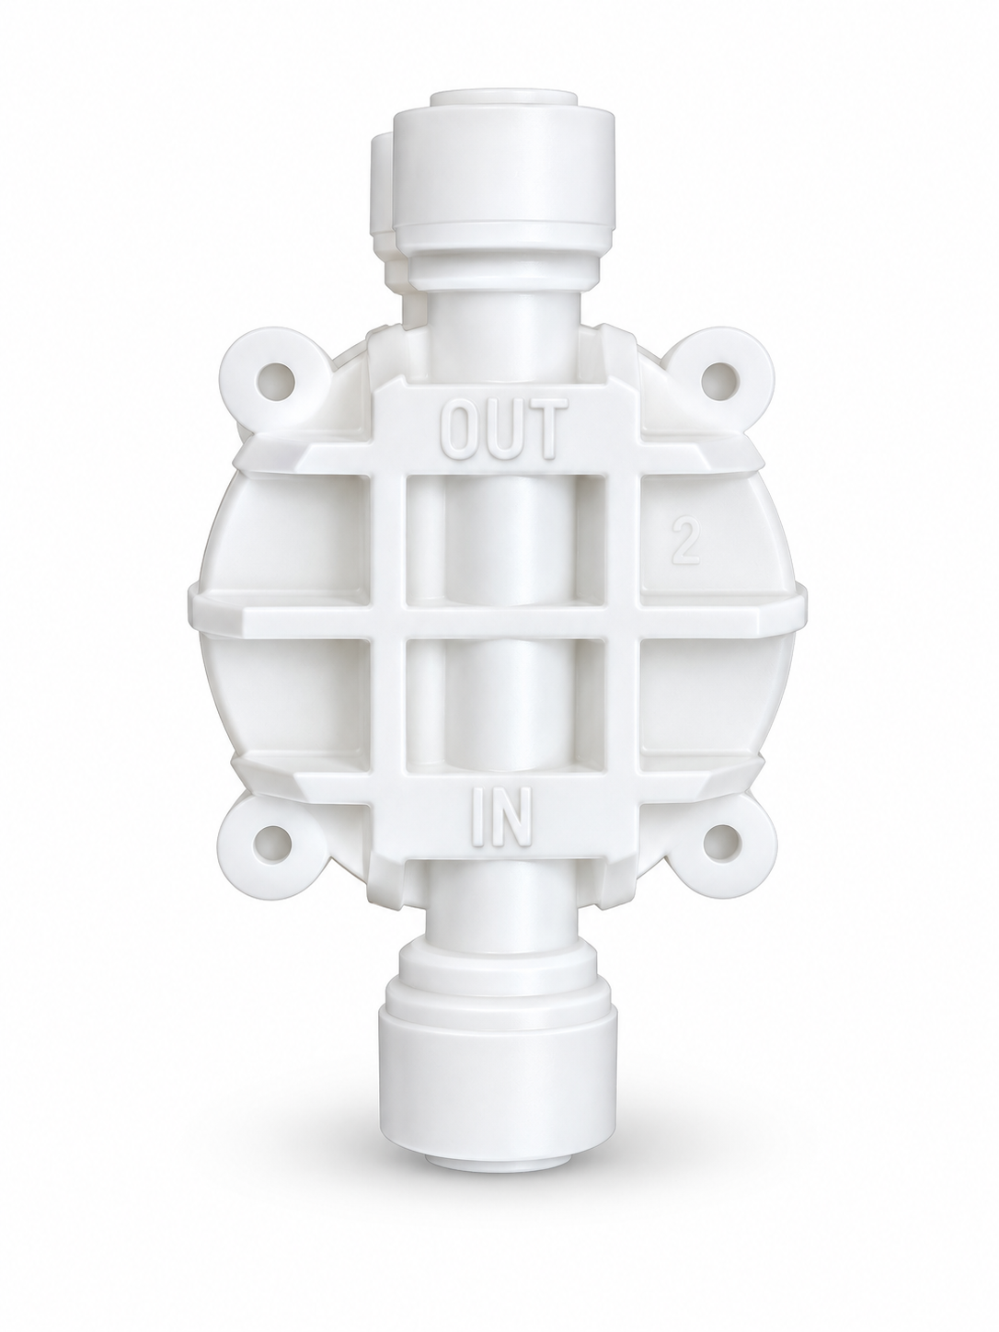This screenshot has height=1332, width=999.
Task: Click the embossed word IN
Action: (x=501, y=818)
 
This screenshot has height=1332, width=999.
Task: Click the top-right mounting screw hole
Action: (x=720, y=381)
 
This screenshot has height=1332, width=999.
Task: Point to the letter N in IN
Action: (x=512, y=818)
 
